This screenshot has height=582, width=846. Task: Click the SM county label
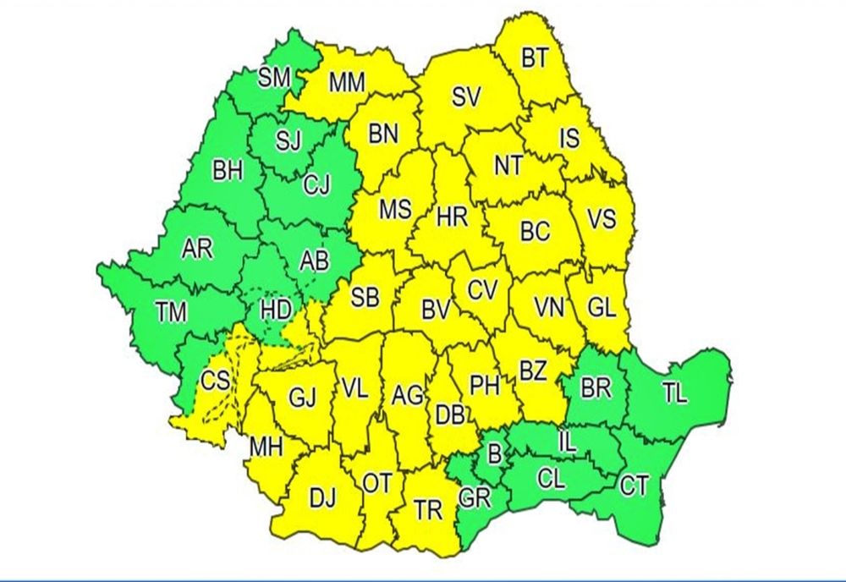coord(274,79)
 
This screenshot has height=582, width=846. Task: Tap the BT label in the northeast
coord(535,58)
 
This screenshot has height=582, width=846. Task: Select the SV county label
coord(465,97)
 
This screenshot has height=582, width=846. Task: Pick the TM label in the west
coord(171,311)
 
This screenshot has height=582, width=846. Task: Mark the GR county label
coord(475,497)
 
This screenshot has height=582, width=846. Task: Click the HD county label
coord(275,310)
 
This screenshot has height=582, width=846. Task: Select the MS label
coord(394,209)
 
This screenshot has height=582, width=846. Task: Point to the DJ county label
coord(322,499)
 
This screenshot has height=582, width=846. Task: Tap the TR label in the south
coord(429,509)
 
